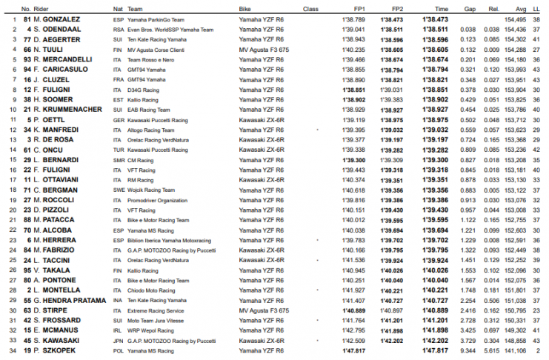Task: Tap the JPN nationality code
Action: pos(118,340)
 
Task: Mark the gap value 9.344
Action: pos(468,350)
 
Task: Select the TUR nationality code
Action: pos(118,149)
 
